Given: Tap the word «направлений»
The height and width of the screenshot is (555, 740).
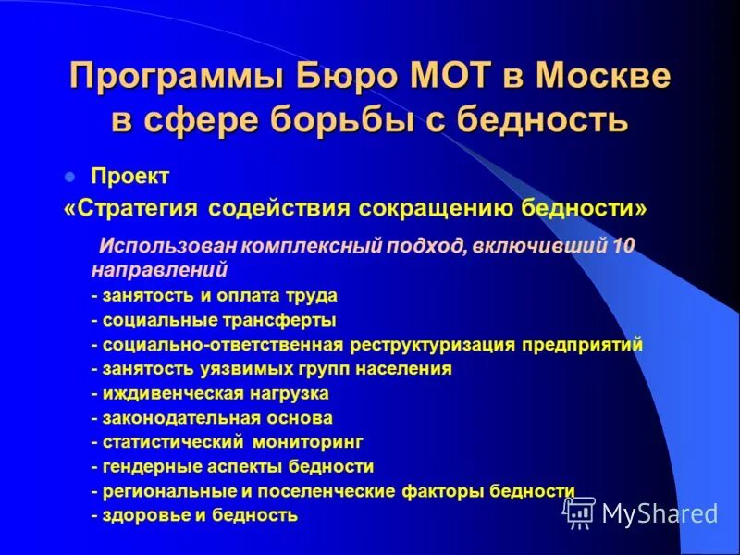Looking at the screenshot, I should point(159,271).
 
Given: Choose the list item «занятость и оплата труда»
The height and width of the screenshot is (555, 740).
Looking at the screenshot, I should point(214,296).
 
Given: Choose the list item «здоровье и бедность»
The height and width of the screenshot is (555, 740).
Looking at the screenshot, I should point(194,514).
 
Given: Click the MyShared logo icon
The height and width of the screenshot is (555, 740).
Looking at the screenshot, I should point(580,512).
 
